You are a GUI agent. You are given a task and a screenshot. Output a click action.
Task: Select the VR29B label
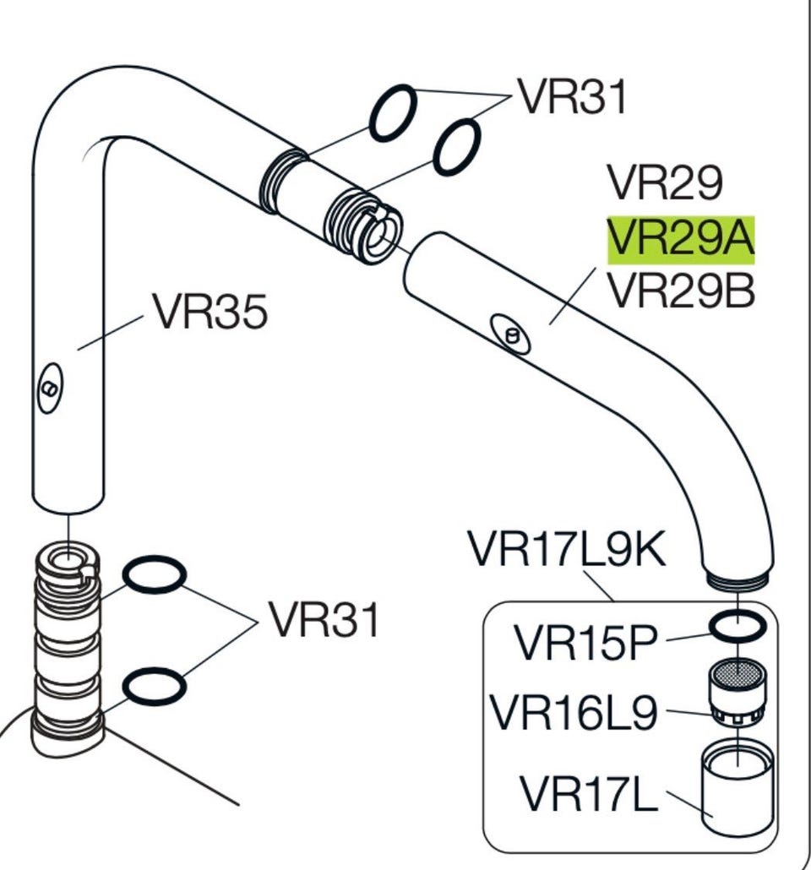tap(682, 291)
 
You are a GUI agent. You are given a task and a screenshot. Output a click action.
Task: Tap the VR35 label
tap(211, 312)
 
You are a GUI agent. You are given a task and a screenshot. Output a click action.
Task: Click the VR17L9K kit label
tap(567, 549)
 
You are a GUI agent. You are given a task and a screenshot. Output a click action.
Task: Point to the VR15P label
tap(586, 643)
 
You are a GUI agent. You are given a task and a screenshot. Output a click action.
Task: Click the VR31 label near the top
tap(572, 96)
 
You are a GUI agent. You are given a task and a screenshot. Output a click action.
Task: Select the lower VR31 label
tap(324, 619)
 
